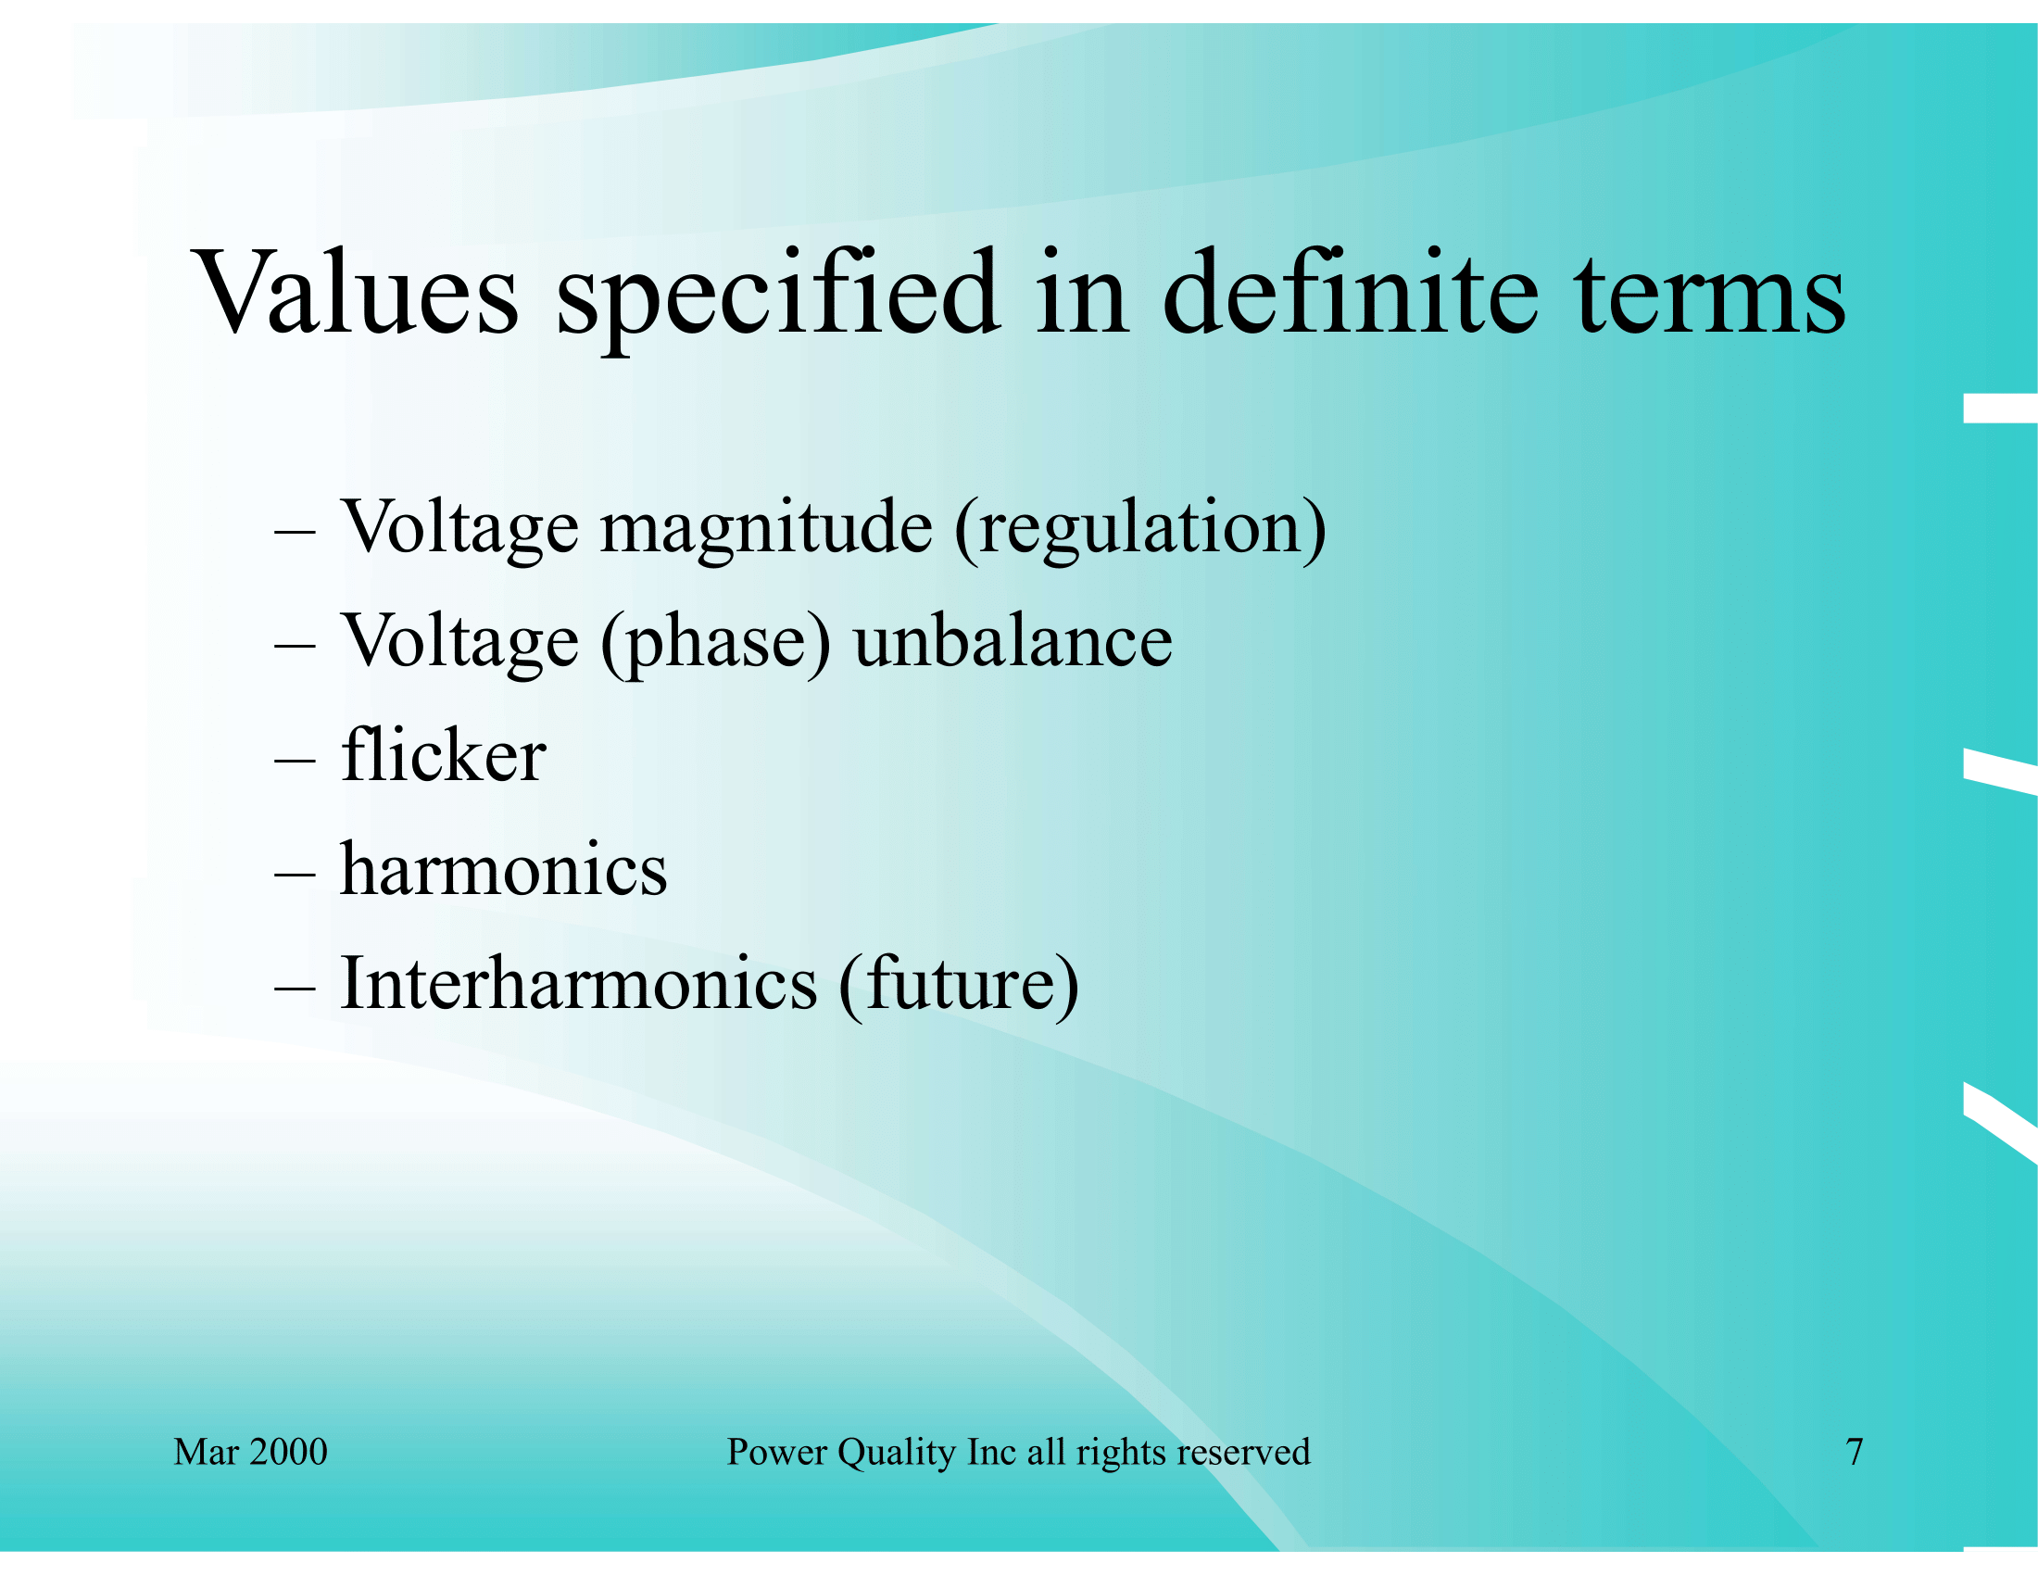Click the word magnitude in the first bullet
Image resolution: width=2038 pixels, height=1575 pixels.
pyautogui.click(x=766, y=530)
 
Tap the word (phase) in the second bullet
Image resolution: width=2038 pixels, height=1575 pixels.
pyautogui.click(x=716, y=644)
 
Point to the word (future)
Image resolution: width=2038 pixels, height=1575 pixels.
pyautogui.click(x=960, y=986)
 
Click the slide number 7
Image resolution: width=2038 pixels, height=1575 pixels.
pyautogui.click(x=1856, y=1452)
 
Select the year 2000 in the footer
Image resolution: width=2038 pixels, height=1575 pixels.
pyautogui.click(x=289, y=1452)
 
